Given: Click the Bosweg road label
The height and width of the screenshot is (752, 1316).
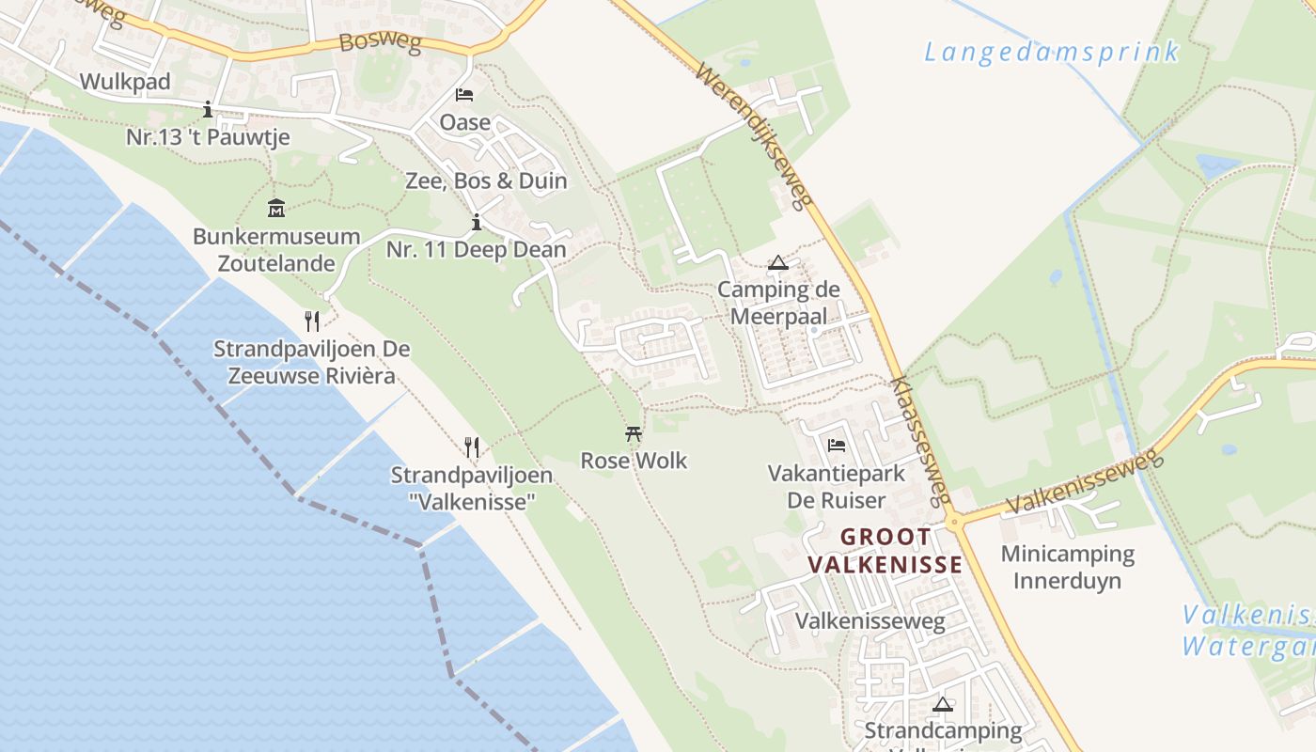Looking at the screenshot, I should pos(379,42).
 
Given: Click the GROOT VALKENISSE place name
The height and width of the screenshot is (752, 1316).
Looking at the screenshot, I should pos(885,551).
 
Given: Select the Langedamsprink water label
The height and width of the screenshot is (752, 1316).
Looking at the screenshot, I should pos(1051,52).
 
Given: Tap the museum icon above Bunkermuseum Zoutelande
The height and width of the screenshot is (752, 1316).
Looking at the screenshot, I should pos(276,208).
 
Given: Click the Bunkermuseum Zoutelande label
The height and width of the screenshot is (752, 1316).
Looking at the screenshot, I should pos(276,250).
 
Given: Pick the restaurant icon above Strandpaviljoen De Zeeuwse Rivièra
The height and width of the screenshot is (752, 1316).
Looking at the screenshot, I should pos(312,321).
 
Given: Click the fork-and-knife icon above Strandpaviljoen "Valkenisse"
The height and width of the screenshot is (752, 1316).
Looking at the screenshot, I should pos(472,447).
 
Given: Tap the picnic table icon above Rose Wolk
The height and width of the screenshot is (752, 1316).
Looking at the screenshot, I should pos(634,434).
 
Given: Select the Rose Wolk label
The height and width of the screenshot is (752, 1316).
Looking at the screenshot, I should pos(634,461).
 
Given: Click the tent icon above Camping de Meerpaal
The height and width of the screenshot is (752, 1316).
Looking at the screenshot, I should pos(777,263).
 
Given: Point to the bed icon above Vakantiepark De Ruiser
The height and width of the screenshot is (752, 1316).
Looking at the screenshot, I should pos(837,446).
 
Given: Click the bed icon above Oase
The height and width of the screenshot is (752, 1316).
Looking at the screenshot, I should pos(464,95).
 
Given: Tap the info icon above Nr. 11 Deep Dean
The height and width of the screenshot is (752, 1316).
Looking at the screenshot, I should pos(477,223).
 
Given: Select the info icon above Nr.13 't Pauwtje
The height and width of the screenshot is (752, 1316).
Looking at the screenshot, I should pos(208,110).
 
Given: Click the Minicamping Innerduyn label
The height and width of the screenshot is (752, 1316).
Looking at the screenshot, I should pos(1067,567).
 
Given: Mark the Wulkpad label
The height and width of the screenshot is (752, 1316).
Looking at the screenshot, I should pos(125,82).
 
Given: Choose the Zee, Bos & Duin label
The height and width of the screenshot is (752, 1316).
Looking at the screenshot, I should pos(486,180).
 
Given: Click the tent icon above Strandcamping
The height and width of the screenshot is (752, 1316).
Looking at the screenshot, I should pos(943,704).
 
